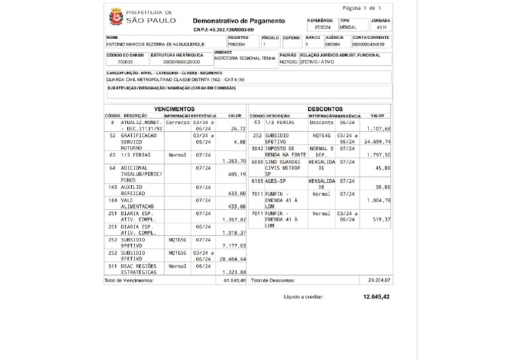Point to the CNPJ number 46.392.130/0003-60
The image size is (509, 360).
point(223,30)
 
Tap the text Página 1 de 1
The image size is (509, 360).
point(362,8)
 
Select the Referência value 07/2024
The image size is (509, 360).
point(322,28)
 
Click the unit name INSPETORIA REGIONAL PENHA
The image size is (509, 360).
point(245,58)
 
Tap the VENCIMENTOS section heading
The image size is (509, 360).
point(174,109)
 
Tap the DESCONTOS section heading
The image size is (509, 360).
point(325,109)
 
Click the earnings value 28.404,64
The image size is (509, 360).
point(233,259)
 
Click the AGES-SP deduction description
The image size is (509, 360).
point(276,180)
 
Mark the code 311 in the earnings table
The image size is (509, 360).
point(113,265)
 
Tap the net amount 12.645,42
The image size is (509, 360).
point(376,297)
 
